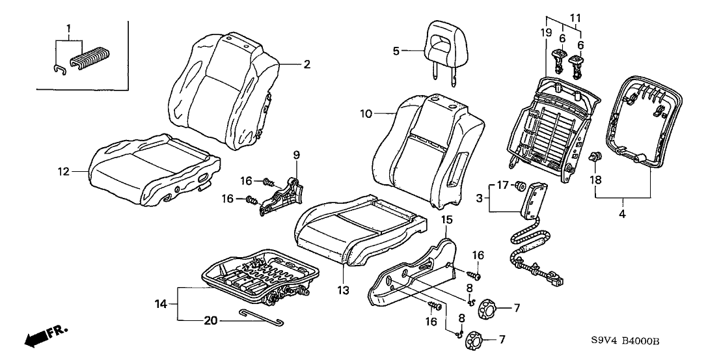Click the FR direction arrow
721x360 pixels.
click(46, 337)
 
